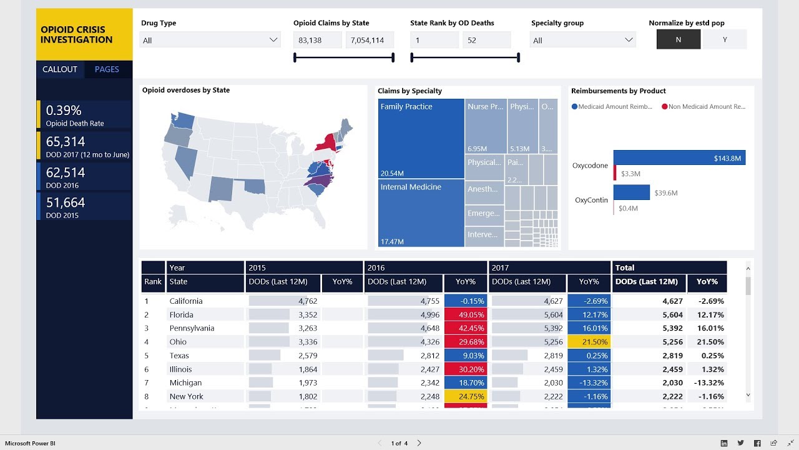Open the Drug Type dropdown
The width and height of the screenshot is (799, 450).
click(210, 40)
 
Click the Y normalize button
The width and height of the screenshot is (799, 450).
click(725, 39)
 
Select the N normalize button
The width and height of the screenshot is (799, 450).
click(679, 39)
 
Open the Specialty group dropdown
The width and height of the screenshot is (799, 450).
click(582, 40)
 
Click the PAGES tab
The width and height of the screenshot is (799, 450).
click(107, 69)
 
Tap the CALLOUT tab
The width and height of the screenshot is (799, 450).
click(60, 69)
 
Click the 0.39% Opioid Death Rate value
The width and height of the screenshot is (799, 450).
click(64, 111)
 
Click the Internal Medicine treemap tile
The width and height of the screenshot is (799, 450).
click(421, 213)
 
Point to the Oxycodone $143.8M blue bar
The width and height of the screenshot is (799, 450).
click(679, 158)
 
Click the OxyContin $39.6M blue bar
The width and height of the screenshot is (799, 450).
click(631, 192)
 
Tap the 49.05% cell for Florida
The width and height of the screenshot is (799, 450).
click(465, 315)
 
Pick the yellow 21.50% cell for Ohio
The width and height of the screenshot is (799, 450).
click(589, 342)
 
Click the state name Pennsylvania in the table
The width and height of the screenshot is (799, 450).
click(192, 328)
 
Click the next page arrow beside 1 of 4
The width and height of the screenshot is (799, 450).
click(419, 443)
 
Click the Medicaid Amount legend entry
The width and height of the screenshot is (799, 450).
click(612, 107)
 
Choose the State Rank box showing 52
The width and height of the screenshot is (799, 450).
click(486, 40)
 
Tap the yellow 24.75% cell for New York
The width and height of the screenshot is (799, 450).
click(465, 396)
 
